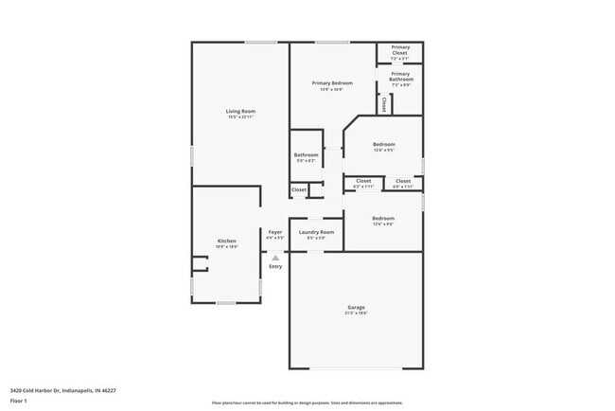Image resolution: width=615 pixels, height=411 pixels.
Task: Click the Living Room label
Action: pyautogui.click(x=240, y=112)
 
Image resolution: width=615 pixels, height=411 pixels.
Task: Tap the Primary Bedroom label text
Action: pyautogui.click(x=332, y=83)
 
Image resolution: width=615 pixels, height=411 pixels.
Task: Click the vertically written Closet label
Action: pyautogui.click(x=384, y=105)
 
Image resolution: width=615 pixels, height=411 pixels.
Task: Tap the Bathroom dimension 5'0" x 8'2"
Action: pyautogui.click(x=306, y=161)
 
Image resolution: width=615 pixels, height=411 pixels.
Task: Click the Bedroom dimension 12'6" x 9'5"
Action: pyautogui.click(x=383, y=151)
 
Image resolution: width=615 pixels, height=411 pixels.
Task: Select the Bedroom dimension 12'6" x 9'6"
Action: pyautogui.click(x=383, y=224)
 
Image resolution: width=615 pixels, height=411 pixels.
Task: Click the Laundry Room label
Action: pyautogui.click(x=316, y=232)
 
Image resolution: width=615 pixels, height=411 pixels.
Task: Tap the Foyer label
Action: pyautogui.click(x=275, y=232)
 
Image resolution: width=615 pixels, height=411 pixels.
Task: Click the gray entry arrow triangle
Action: pyautogui.click(x=275, y=257)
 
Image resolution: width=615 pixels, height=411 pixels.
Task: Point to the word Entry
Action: pyautogui.click(x=275, y=266)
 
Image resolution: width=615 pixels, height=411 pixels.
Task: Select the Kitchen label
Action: pyautogui.click(x=227, y=241)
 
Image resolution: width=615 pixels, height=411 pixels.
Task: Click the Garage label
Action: pyautogui.click(x=356, y=308)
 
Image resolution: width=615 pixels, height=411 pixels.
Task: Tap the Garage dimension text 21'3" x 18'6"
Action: pyautogui.click(x=356, y=313)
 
